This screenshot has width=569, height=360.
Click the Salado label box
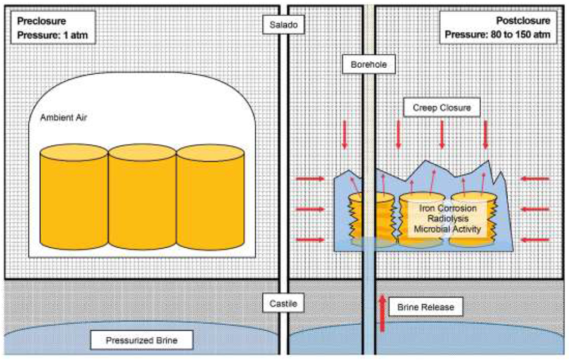coord(284,25)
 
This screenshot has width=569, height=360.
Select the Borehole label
coord(369,65)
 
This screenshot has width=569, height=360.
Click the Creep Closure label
coord(441,107)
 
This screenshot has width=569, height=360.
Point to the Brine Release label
coord(425,307)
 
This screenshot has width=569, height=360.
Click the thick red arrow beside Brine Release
coord(383,311)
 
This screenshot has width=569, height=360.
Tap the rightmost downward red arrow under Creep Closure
coord(485,136)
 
